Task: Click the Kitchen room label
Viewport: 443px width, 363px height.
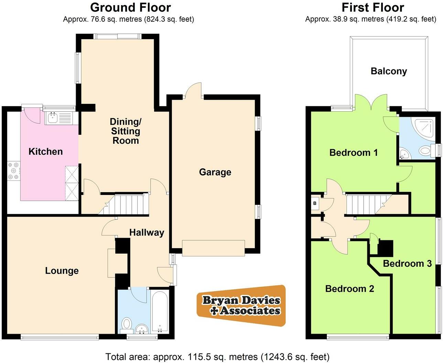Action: tap(45, 152)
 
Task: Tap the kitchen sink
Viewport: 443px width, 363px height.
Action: tap(53, 118)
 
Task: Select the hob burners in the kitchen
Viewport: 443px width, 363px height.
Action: tap(14, 170)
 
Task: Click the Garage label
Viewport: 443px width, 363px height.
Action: tap(215, 172)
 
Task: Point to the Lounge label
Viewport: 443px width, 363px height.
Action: tap(62, 271)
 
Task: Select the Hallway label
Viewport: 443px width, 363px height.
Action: tap(147, 233)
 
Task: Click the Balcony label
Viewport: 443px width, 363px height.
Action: tap(389, 71)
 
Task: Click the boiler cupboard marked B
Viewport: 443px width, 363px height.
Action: tap(315, 203)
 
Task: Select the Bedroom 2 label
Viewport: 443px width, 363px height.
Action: tap(349, 288)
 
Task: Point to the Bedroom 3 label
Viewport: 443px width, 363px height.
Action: tap(407, 264)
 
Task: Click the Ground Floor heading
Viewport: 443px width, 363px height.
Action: tap(130, 7)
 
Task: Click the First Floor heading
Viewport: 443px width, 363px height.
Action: tap(372, 7)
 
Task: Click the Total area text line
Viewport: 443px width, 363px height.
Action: tap(217, 356)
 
